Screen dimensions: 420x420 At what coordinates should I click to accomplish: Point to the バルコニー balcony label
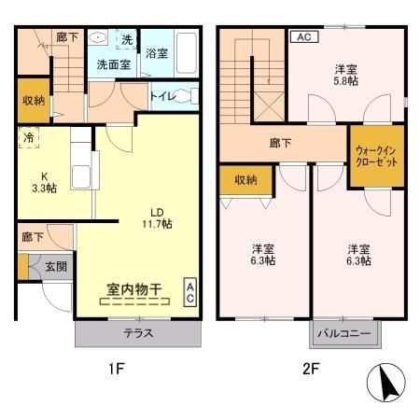343,333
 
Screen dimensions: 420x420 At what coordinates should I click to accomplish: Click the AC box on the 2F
302,37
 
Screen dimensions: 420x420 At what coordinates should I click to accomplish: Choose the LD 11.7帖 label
155,217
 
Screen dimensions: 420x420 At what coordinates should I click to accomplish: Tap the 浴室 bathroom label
156,54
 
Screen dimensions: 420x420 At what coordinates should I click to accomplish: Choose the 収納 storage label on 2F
246,180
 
